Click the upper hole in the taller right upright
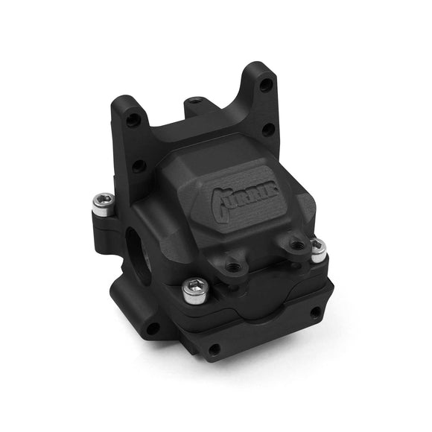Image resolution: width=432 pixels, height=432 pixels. pyautogui.click(x=267, y=86)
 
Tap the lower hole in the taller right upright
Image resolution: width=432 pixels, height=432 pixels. pyautogui.click(x=268, y=128)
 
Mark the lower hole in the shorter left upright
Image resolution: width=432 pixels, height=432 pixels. pyautogui.click(x=138, y=165)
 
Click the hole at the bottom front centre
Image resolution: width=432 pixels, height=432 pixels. pyautogui.click(x=215, y=349)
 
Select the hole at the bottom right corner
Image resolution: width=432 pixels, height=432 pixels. pyautogui.click(x=315, y=313)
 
